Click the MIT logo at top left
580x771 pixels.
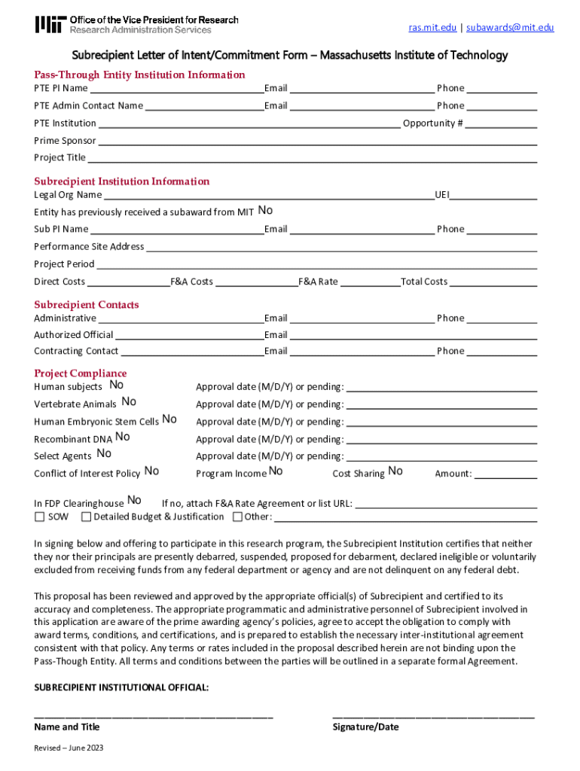click(x=50, y=25)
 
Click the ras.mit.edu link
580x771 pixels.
click(x=432, y=28)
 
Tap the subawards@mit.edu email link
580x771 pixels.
click(x=510, y=28)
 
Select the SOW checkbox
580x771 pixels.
click(x=39, y=517)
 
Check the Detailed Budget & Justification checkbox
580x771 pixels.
click(x=86, y=517)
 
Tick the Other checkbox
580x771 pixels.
click(x=237, y=517)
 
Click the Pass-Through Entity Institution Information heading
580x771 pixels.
click(x=139, y=75)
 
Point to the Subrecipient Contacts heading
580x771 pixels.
click(x=86, y=305)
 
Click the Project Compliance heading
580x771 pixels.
click(x=80, y=373)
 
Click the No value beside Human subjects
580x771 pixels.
click(x=117, y=385)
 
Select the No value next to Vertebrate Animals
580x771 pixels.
click(x=129, y=402)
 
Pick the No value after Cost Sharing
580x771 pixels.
click(x=395, y=471)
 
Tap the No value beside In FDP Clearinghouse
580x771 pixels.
click(x=134, y=501)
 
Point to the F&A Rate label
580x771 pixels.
click(x=318, y=282)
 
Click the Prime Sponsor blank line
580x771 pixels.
click(x=317, y=142)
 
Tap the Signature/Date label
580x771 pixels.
click(x=365, y=727)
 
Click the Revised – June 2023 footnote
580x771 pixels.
click(x=69, y=748)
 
